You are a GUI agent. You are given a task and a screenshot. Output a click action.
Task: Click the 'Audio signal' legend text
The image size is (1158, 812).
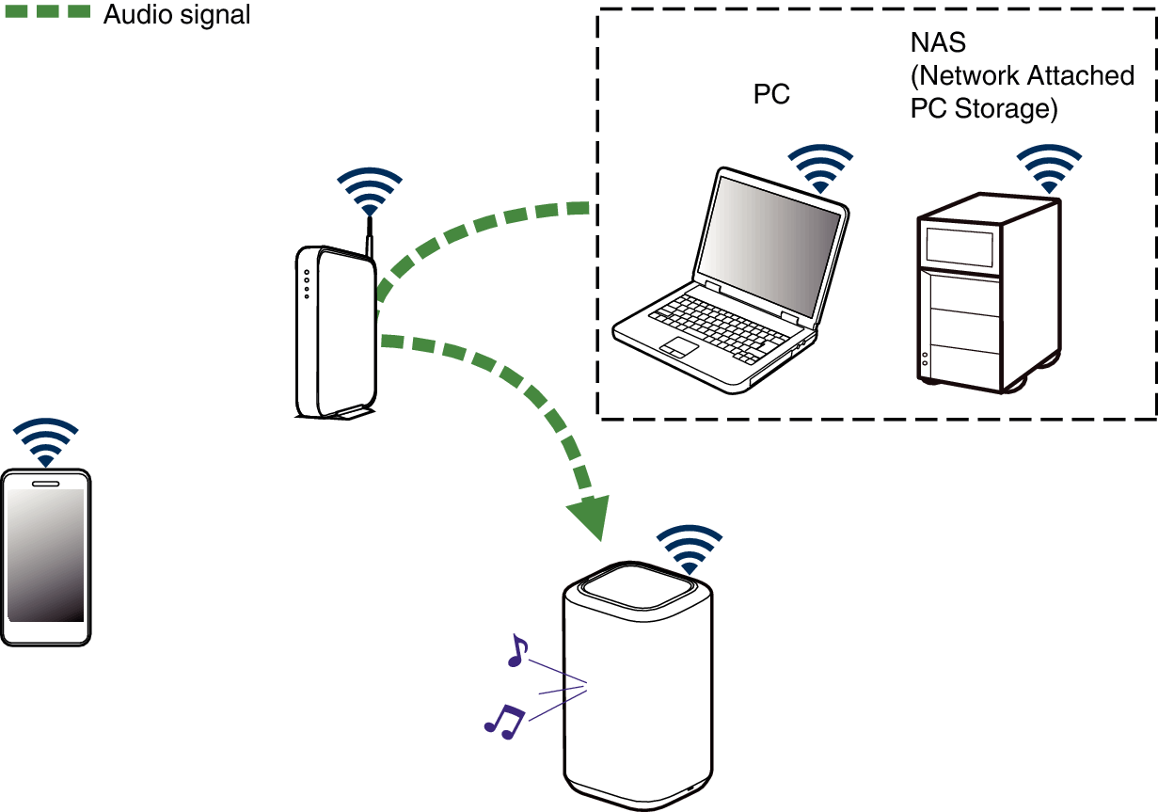point(177,15)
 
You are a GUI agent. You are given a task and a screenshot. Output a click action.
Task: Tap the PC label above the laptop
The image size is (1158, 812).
point(771,95)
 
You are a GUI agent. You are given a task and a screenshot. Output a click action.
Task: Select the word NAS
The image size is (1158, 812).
point(938,42)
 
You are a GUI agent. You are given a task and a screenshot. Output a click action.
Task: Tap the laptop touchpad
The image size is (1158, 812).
point(677,346)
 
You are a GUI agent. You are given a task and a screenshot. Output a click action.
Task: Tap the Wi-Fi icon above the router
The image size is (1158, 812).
point(370,192)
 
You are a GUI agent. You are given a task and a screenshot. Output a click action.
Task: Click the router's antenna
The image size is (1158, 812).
point(371,235)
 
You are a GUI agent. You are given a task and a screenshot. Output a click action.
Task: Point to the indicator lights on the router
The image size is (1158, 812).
point(306,285)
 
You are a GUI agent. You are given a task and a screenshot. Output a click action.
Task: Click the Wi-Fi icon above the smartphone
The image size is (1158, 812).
point(45,441)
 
